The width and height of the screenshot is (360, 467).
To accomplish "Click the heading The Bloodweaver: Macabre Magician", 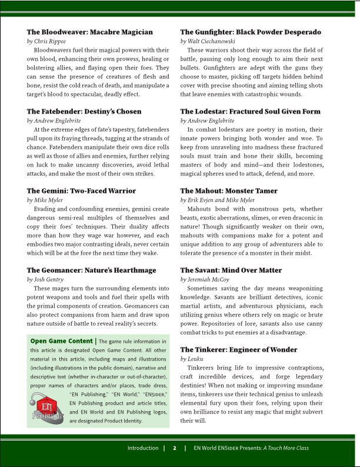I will [90, 32].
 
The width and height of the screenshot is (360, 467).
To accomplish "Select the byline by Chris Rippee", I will [46, 42].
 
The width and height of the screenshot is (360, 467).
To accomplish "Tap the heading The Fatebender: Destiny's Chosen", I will [84, 111].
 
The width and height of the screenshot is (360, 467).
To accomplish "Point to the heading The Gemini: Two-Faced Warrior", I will [81, 191].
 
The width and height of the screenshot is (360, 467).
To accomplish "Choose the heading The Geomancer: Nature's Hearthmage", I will [92, 270].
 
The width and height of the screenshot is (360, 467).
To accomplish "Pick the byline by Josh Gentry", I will [46, 279].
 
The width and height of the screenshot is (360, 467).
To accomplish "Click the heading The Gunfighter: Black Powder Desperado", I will [251, 32].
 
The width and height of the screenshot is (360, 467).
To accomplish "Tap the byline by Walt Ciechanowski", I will [208, 42].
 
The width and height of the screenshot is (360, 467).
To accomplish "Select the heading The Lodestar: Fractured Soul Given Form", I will [250, 111].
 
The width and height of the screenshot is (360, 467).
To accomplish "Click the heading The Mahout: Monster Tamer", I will [229, 191].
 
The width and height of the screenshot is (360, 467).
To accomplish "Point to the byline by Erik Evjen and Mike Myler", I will [215, 200].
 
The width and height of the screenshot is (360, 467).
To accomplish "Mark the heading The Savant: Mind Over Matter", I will [231, 270].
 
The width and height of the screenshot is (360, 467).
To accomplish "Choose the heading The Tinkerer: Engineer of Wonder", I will [239, 349].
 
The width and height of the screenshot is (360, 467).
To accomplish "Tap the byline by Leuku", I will [192, 359].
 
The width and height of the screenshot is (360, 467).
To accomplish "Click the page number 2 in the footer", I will [175, 448].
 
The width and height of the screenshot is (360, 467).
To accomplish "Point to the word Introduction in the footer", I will [143, 448].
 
